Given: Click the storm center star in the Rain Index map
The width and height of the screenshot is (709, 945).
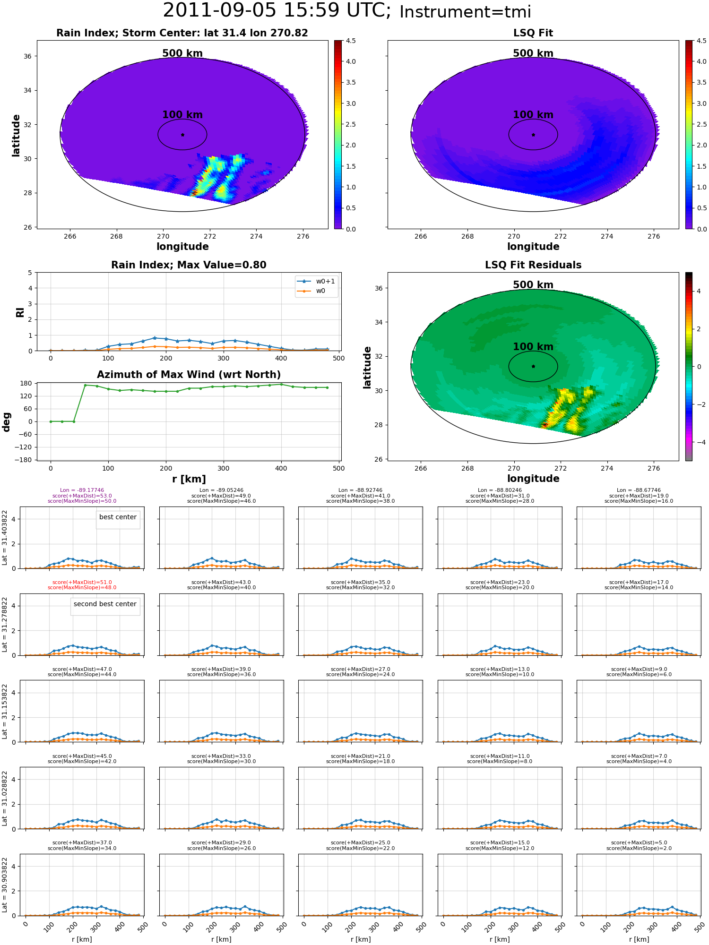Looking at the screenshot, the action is click(x=182, y=135).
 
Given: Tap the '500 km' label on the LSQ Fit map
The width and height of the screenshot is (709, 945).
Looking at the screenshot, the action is click(x=533, y=53).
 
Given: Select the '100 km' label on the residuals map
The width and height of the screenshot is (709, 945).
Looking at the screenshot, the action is click(x=533, y=347).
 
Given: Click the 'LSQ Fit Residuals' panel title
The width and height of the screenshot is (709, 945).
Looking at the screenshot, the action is click(x=533, y=265).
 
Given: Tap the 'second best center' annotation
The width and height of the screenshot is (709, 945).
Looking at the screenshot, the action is click(x=105, y=604).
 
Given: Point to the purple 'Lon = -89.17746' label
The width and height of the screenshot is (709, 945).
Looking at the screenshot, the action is click(x=82, y=490).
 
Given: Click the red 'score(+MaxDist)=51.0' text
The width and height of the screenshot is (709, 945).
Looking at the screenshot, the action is click(x=82, y=583).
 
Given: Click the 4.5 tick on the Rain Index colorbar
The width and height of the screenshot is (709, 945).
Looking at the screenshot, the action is click(x=351, y=41).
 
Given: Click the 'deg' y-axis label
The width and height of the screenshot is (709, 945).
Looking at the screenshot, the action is click(x=7, y=421).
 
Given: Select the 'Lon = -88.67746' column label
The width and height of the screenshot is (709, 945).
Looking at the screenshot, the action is click(x=639, y=490).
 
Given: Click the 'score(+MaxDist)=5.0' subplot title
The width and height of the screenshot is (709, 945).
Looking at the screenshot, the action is click(x=639, y=843).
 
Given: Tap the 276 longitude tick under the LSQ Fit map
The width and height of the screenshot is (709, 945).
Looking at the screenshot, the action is click(x=654, y=236).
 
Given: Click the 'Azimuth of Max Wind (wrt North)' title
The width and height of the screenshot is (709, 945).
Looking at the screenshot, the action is click(x=189, y=375).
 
